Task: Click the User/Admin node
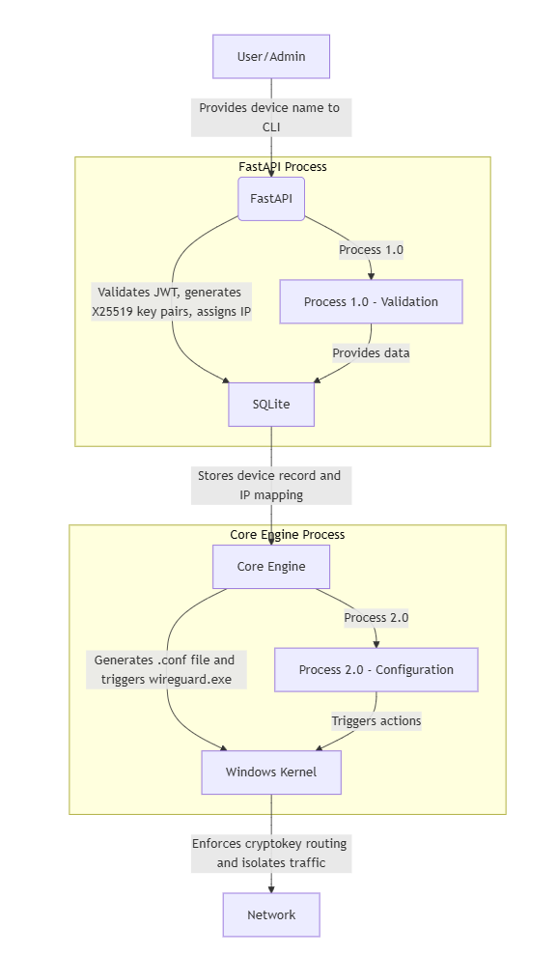coord(271,57)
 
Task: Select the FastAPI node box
coord(271,199)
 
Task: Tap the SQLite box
coord(271,405)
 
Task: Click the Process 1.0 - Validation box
coord(371,302)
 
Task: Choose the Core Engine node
coord(271,567)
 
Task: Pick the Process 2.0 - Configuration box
coord(376,670)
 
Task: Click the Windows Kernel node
coord(271,772)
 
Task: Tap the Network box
coord(271,914)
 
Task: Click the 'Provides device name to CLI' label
coord(270,117)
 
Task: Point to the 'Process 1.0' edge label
coord(371,250)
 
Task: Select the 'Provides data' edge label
coord(371,353)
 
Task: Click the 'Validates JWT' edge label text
coord(173,301)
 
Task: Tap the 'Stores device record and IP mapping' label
coord(270,485)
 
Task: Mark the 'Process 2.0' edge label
coord(376,618)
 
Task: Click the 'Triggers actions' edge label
coord(376,721)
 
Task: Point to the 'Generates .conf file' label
coord(164,669)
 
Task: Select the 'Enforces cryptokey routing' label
coord(270,853)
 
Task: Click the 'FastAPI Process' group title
coord(283,167)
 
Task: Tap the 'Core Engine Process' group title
coord(287,535)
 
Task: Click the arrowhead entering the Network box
coord(271,888)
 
